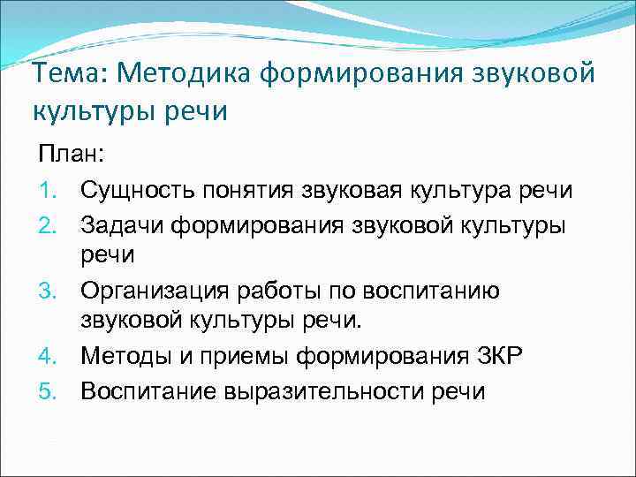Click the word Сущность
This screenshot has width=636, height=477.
coord(132,189)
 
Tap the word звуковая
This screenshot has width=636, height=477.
coord(340,189)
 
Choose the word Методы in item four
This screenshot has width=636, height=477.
coord(123,355)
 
